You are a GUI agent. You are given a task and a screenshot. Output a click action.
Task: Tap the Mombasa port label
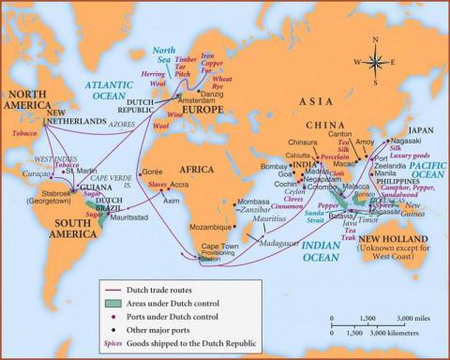[253, 202]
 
